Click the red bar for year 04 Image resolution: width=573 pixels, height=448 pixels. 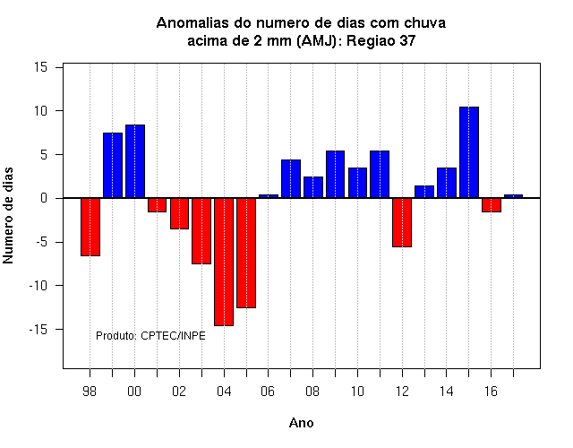224,262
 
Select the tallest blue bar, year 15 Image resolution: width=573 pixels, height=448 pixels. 469,152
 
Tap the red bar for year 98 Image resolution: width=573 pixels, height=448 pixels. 90,227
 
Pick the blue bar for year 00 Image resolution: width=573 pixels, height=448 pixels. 135,161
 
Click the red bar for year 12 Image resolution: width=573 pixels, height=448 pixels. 402,223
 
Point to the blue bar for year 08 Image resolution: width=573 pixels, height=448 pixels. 313,187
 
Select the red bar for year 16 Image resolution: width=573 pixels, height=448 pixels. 492,205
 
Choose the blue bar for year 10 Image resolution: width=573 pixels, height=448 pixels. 357,183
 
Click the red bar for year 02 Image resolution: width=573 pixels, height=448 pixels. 179,213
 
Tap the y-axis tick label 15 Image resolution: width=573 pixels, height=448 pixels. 40,67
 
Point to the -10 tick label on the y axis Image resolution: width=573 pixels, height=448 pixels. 38,286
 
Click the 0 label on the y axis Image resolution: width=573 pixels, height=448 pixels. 44,198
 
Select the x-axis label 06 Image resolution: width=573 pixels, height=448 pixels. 268,392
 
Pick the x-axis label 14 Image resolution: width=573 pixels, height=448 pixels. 446,392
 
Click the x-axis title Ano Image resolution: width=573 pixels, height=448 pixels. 301,423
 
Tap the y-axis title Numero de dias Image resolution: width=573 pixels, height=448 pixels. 8,215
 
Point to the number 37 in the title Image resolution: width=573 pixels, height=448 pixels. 407,40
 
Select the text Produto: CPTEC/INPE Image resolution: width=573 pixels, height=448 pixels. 150,336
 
